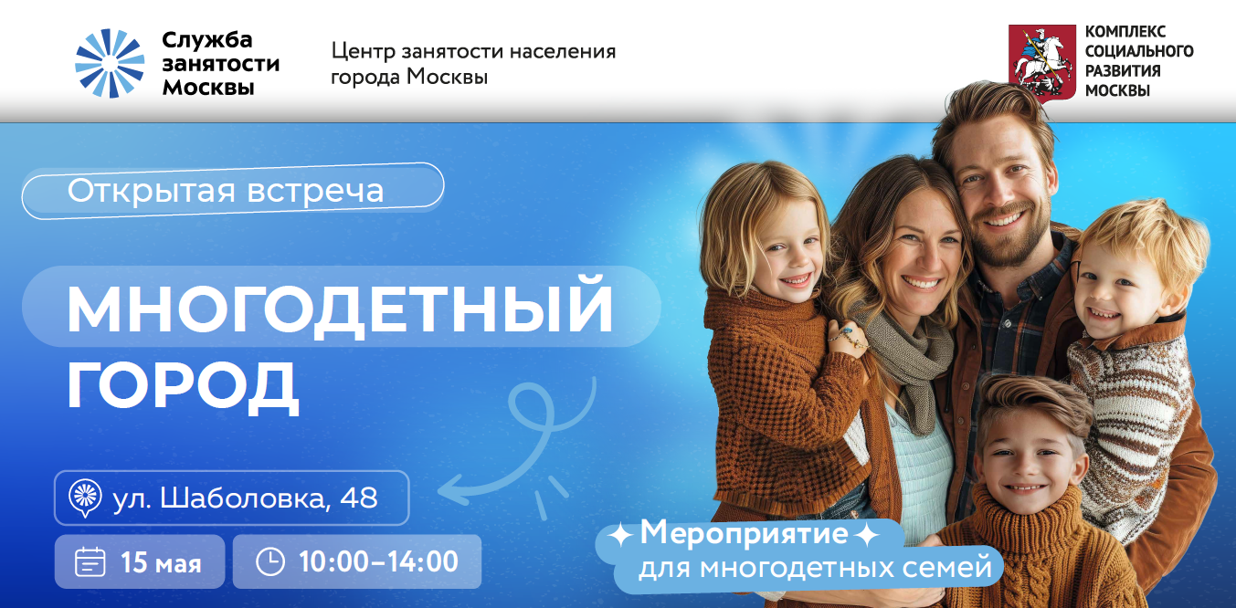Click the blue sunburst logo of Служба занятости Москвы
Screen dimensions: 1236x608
(x=110, y=63)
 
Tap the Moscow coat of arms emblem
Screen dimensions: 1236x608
(x=1042, y=63)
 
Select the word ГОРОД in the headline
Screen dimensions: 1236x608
(x=183, y=386)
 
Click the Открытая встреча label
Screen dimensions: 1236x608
(x=225, y=191)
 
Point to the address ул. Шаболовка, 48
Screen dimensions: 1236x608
(x=245, y=498)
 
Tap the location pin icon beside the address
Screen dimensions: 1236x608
(x=85, y=498)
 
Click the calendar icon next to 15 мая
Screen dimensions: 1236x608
(x=90, y=561)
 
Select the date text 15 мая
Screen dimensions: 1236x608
(x=161, y=562)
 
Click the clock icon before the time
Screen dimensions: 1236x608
(x=270, y=561)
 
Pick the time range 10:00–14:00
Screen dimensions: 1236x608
(x=378, y=561)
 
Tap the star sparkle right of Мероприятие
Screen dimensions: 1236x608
(x=867, y=535)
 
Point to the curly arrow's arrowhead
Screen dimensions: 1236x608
(x=449, y=489)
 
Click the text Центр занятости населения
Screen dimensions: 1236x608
(x=473, y=51)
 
